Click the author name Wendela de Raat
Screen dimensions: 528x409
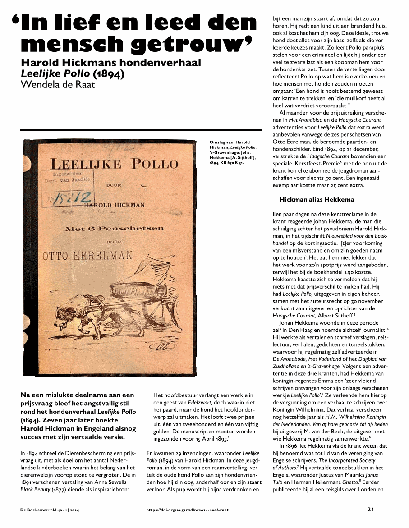click(x=58, y=84)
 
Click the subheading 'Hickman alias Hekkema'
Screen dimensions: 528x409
click(x=317, y=199)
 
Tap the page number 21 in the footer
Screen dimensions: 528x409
click(x=371, y=510)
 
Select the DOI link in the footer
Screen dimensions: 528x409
click(x=187, y=510)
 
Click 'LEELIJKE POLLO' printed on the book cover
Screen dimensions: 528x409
click(x=115, y=163)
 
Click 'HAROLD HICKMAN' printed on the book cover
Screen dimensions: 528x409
click(x=115, y=205)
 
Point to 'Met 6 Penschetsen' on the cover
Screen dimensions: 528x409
click(x=115, y=229)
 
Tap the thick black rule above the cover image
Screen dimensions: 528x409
click(x=141, y=130)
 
